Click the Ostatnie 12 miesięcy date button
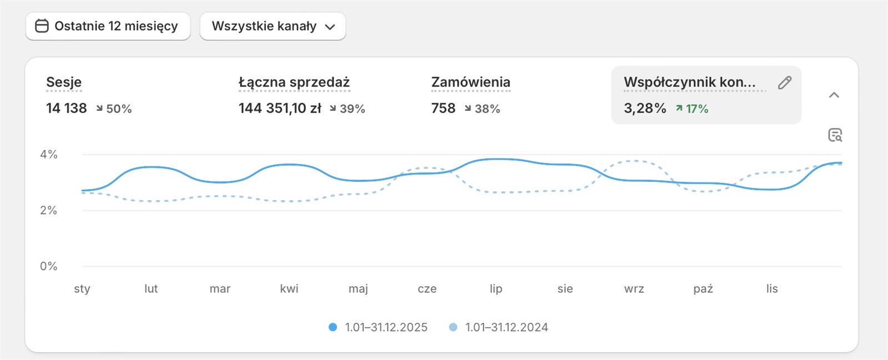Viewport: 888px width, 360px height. tap(108, 26)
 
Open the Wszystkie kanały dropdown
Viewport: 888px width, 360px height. tap(273, 26)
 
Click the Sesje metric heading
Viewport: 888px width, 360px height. tap(64, 82)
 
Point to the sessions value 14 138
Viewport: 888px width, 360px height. tap(67, 108)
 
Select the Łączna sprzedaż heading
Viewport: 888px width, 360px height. tap(294, 82)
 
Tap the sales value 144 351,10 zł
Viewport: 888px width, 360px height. tap(280, 108)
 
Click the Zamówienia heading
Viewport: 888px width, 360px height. tap(471, 82)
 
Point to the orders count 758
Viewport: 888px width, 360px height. tap(443, 108)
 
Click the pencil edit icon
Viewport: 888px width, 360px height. tap(784, 83)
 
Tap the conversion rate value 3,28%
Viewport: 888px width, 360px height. tap(645, 108)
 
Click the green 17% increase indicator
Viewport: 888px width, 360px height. tap(692, 109)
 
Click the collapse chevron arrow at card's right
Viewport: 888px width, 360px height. tap(834, 95)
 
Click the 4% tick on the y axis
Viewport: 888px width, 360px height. tap(49, 154)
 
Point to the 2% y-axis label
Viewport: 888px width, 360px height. tap(49, 210)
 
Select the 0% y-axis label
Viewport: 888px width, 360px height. tap(49, 266)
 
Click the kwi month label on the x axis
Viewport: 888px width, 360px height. tap(289, 288)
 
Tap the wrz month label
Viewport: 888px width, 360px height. tap(634, 288)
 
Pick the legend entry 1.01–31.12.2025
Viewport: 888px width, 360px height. tap(379, 327)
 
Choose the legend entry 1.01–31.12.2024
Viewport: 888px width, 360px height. tap(499, 327)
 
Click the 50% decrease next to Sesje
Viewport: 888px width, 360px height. tap(114, 109)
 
